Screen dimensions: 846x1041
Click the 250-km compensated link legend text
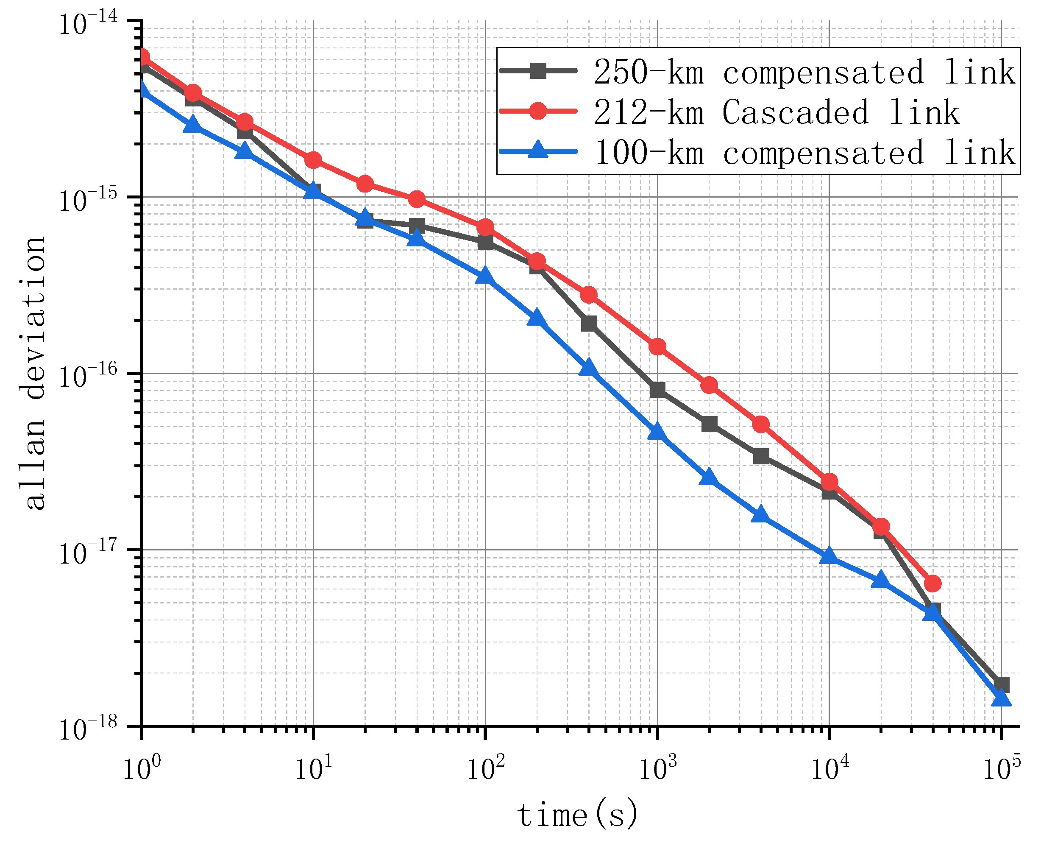[804, 72]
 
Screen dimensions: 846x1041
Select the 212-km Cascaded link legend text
[776, 112]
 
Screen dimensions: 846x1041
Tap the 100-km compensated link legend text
[804, 153]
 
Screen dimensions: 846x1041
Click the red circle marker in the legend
[538, 111]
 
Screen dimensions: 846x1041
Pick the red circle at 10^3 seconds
[657, 347]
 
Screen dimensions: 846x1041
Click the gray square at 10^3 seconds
[657, 390]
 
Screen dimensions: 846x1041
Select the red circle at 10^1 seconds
[313, 160]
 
